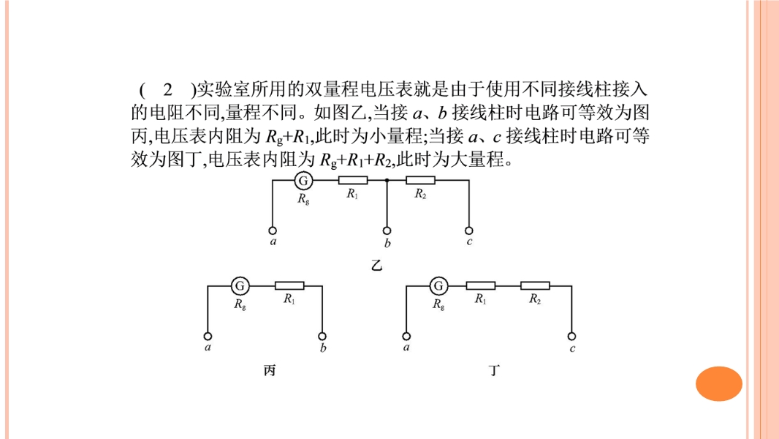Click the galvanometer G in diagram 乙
(303, 181)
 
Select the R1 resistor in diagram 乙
(353, 181)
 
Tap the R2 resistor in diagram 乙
(420, 181)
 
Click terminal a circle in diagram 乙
(273, 230)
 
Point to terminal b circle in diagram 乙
(387, 230)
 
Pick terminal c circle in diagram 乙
(468, 230)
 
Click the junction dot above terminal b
(387, 181)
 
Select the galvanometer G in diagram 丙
(240, 286)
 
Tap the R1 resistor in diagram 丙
(289, 286)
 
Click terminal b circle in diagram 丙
(322, 337)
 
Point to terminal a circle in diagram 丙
(208, 337)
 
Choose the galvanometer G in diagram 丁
(438, 286)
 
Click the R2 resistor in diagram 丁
(535, 286)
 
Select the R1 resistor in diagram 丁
(480, 286)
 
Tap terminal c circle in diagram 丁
(572, 337)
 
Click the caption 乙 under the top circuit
(376, 266)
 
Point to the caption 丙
(269, 370)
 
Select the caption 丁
(494, 370)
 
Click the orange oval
(719, 384)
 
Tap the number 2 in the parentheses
(168, 89)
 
